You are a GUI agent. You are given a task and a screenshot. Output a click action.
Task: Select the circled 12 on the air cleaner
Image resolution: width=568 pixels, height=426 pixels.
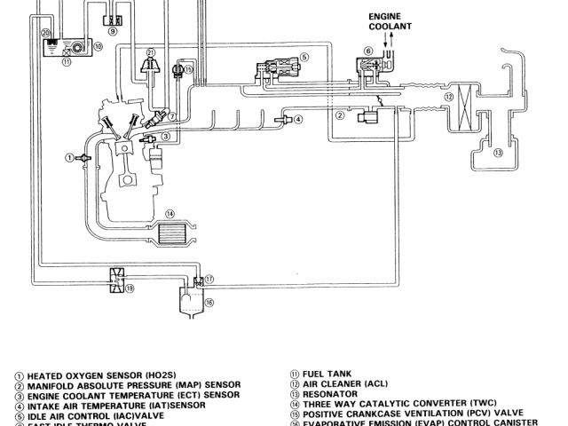click(x=449, y=96)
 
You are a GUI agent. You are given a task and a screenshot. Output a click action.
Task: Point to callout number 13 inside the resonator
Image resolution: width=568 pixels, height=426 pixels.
click(x=498, y=152)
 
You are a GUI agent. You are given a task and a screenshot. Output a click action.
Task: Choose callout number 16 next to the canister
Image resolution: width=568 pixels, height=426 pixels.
click(x=209, y=302)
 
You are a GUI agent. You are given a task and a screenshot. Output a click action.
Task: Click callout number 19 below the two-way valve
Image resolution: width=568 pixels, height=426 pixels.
click(x=130, y=288)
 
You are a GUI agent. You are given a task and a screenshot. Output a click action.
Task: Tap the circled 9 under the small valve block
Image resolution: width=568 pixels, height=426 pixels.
click(x=112, y=31)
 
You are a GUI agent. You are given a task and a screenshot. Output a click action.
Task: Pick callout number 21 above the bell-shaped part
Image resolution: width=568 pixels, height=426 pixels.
click(x=151, y=52)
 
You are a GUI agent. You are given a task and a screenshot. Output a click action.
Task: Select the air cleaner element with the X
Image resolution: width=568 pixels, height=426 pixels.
click(x=461, y=114)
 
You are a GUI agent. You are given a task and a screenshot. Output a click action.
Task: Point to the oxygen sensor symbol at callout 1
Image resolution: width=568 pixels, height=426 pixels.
click(x=84, y=157)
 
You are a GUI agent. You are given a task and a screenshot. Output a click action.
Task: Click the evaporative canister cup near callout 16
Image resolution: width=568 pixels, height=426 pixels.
click(x=190, y=304)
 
